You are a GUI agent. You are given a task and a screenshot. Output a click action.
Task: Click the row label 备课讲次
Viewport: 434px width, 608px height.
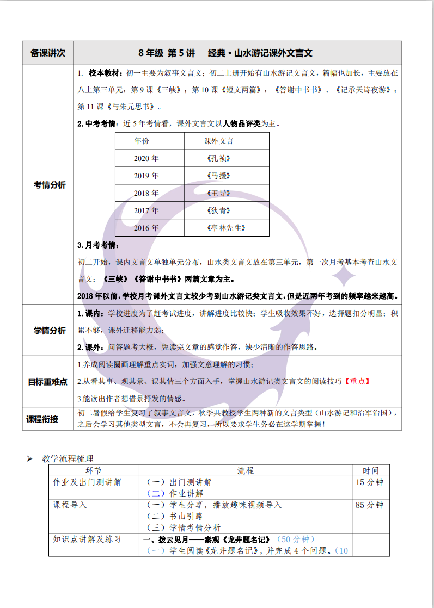(48, 53)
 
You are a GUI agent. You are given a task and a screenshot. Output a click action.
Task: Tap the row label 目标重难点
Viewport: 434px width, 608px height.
(48, 381)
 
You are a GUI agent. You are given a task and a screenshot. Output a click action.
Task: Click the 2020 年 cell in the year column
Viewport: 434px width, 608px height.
(146, 159)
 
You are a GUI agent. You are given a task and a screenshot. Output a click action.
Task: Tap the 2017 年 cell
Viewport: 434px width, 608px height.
(146, 211)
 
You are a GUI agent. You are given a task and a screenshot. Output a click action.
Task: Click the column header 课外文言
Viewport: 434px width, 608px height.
(218, 141)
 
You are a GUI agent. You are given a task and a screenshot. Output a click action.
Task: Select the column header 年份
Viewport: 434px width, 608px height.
(142, 141)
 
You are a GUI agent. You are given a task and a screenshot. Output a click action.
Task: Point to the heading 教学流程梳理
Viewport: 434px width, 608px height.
(68, 458)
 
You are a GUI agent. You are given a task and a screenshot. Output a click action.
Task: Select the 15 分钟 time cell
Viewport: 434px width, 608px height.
(369, 482)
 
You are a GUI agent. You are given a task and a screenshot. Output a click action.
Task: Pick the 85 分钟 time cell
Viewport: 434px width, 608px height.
(369, 505)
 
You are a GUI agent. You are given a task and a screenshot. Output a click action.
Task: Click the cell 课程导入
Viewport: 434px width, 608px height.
(70, 505)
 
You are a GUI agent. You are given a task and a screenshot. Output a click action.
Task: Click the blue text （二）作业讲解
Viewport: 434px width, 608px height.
(175, 494)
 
